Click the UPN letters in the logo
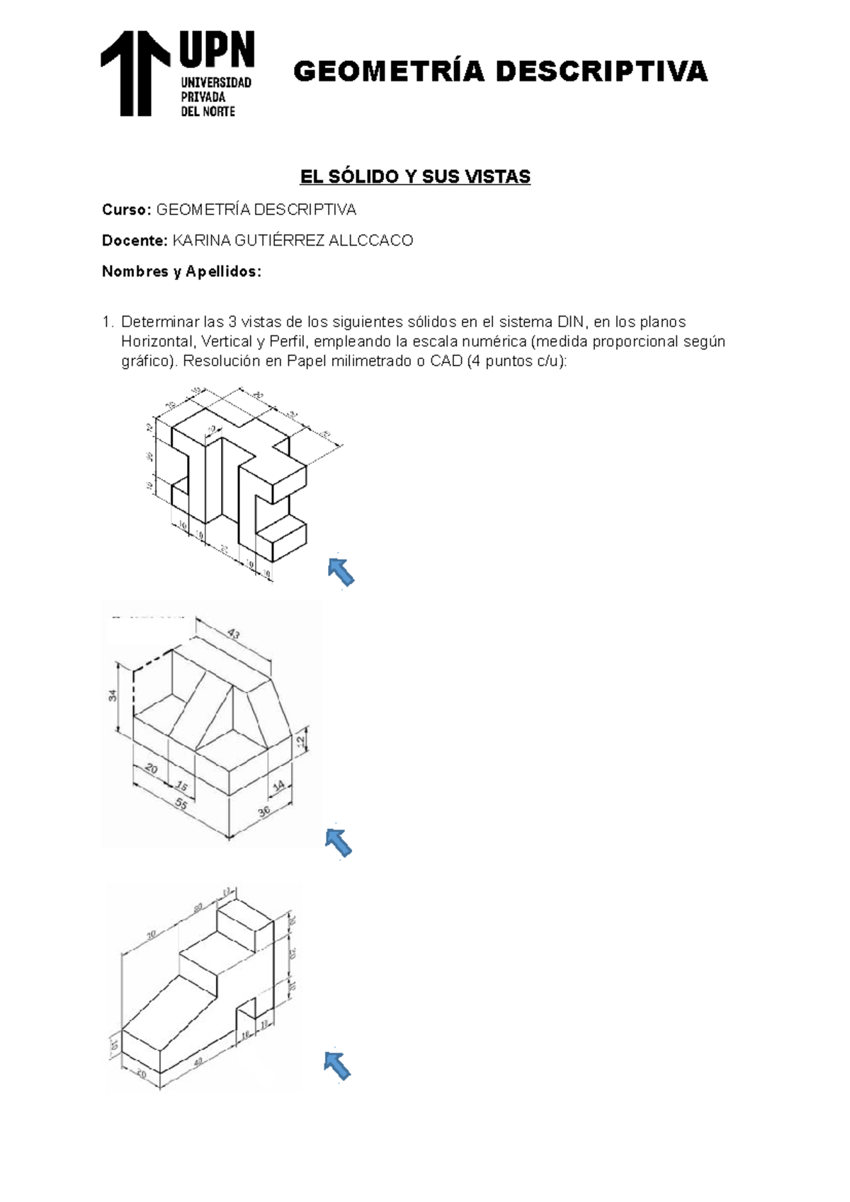[216, 50]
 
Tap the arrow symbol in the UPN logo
[135, 73]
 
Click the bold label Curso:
[126, 210]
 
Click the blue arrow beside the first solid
[341, 571]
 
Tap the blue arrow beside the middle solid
[339, 842]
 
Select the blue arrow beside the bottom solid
[337, 1065]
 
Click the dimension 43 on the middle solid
[234, 634]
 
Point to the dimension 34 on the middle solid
[113, 696]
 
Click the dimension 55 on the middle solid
[181, 804]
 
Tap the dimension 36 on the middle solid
[264, 811]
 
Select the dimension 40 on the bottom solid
[198, 1060]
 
